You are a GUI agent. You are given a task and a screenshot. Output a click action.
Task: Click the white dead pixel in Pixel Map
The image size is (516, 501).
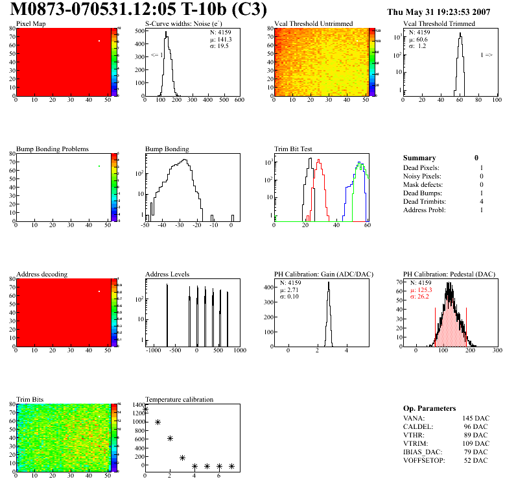[99, 41]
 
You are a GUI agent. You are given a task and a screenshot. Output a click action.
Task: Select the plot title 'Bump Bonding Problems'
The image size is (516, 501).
[47, 149]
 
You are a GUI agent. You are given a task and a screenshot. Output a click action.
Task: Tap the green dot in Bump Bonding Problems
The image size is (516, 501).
[99, 166]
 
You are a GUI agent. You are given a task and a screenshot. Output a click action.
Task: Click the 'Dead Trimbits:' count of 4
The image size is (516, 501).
[481, 202]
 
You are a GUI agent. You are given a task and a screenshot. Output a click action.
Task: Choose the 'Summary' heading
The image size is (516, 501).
[419, 158]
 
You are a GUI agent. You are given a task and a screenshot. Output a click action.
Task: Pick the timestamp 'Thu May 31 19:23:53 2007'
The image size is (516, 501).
[447, 12]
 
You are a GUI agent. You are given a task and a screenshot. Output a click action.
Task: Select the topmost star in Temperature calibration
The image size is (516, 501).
[145, 409]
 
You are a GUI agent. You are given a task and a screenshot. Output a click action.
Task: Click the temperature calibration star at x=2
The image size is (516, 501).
[170, 439]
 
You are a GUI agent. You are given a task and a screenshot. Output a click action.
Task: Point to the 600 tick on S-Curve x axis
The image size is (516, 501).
[238, 101]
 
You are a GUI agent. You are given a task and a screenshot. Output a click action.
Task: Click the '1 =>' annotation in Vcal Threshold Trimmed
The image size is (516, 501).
[486, 55]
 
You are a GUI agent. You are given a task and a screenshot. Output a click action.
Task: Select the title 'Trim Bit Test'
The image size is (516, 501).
[293, 149]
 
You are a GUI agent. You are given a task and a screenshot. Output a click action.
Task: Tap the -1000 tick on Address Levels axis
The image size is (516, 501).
[154, 350]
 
